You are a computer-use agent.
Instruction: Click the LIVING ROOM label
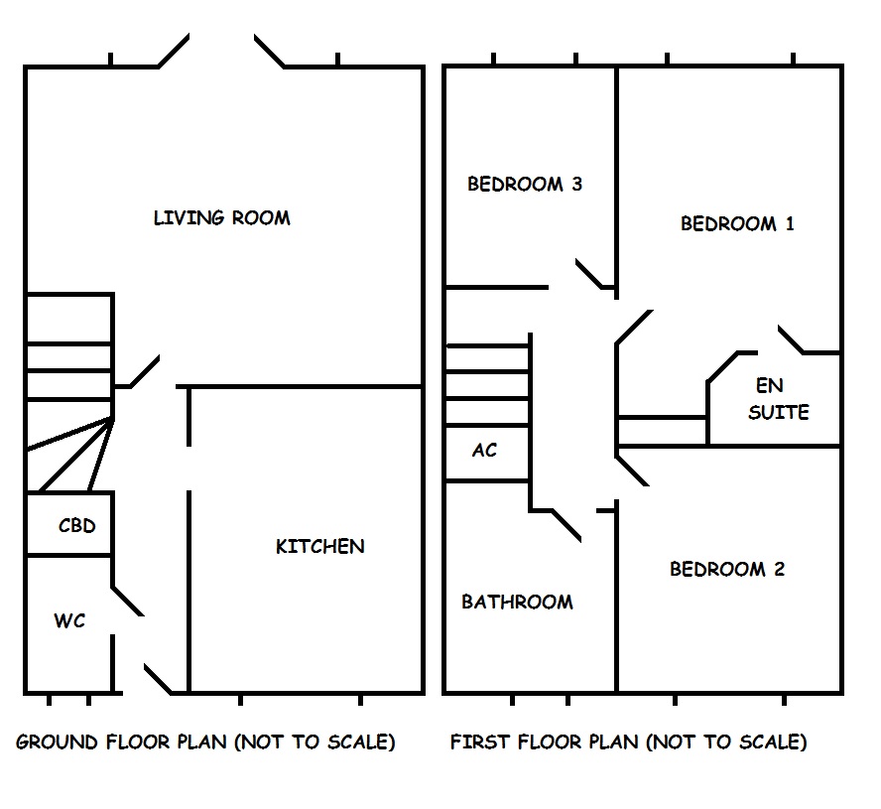coord(221,217)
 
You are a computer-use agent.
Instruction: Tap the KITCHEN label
coord(319,546)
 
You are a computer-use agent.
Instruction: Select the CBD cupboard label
coord(77,525)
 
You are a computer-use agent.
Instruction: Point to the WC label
coord(69,621)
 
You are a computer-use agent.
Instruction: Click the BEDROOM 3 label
coord(524,184)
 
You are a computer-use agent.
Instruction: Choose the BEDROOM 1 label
coord(737,223)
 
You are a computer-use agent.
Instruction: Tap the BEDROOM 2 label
coord(727,569)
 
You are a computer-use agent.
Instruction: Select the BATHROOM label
coord(517,602)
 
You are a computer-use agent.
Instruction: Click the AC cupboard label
coord(484,450)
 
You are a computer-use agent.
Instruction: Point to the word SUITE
coord(779,411)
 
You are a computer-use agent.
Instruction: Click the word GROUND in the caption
coord(57,742)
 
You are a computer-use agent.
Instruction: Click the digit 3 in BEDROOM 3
coord(575,184)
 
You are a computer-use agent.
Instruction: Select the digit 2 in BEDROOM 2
coord(779,569)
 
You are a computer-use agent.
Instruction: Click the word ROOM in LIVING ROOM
coord(263,217)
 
